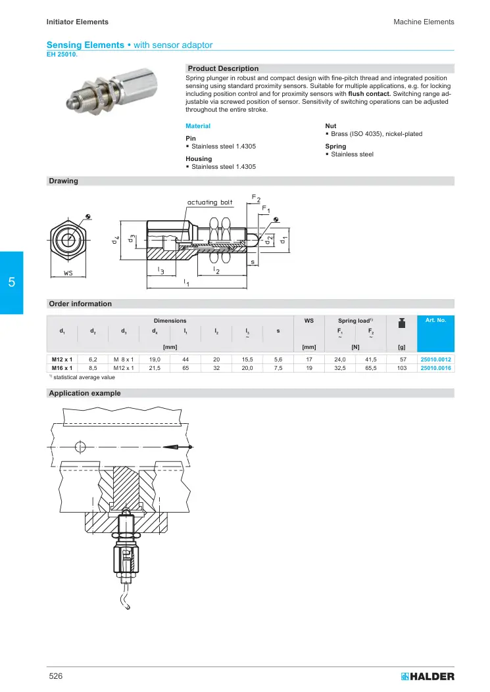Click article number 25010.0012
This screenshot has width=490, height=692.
pos(435,359)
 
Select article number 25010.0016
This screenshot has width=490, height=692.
pos(435,368)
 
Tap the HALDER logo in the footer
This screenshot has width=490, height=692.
pos(428,676)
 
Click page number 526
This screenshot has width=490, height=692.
pos(56,676)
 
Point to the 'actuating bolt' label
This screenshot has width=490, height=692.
pos(210,202)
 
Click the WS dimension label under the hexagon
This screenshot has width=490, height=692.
pos(68,273)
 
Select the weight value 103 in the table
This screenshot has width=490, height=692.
pos(402,368)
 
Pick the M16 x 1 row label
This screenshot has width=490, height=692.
pos(62,368)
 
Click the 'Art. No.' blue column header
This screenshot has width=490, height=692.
pos(435,320)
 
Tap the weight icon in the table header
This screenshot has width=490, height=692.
pos(402,323)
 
